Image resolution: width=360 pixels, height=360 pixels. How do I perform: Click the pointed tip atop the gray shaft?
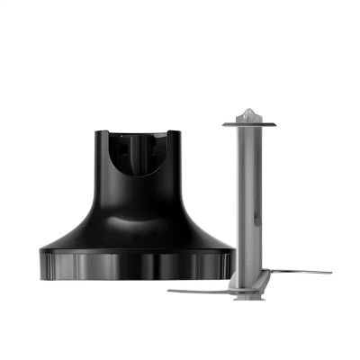coord(248,111)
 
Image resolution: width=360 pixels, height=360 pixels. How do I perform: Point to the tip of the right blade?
coord(329,271)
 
